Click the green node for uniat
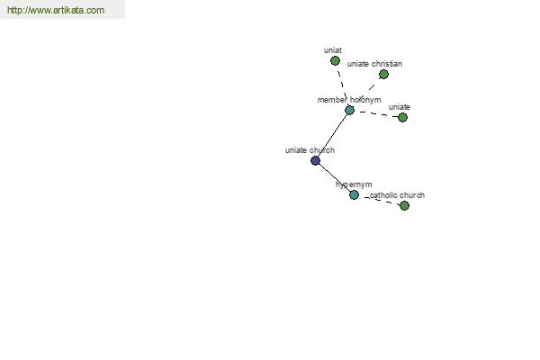click(x=335, y=61)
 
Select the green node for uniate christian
click(x=383, y=75)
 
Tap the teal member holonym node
click(x=349, y=110)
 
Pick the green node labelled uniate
click(x=402, y=118)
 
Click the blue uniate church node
click(x=316, y=160)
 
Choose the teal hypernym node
click(x=354, y=195)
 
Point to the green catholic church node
click(x=404, y=206)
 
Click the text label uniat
click(x=333, y=50)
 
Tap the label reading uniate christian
click(x=374, y=64)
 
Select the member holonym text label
click(x=349, y=100)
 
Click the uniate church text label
click(x=310, y=150)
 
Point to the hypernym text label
click(x=354, y=184)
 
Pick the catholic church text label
click(x=397, y=195)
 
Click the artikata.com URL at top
click(x=56, y=10)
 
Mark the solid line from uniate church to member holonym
click(x=332, y=135)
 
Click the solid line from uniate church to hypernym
click(x=335, y=178)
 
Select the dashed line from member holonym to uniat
click(x=342, y=85)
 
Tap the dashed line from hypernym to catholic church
click(x=379, y=200)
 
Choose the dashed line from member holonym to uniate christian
click(x=366, y=93)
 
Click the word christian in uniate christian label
click(x=387, y=64)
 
